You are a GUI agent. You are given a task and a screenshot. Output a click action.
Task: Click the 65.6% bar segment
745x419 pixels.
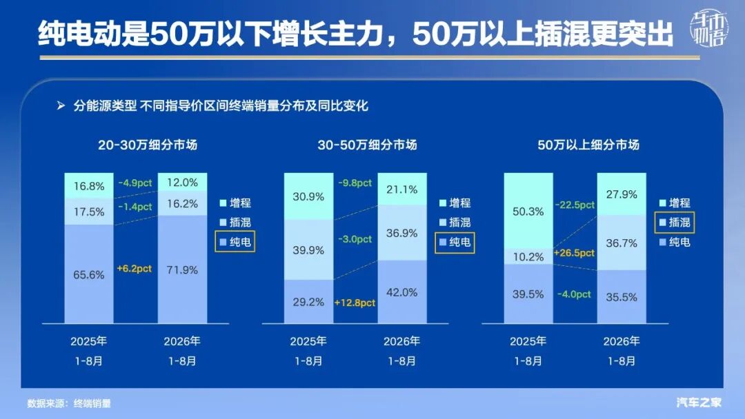pyautogui.click(x=89, y=274)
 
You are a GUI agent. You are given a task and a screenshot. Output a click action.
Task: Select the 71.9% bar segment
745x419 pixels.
pyautogui.click(x=182, y=269)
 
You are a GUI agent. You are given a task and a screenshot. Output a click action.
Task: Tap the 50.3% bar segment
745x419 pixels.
pyautogui.click(x=528, y=211)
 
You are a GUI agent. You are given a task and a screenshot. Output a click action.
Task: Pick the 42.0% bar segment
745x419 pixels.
pyautogui.click(x=402, y=292)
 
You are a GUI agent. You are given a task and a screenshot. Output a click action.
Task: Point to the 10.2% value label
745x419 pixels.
pyautogui.click(x=528, y=257)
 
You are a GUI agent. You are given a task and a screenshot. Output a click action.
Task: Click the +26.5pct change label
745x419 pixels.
pyautogui.click(x=574, y=253)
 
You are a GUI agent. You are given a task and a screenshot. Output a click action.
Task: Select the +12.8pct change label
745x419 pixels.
pyautogui.click(x=355, y=303)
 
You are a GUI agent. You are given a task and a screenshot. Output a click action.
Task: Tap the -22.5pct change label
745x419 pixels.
pyautogui.click(x=575, y=205)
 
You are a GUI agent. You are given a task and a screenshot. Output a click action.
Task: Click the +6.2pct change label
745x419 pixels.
pyautogui.click(x=135, y=269)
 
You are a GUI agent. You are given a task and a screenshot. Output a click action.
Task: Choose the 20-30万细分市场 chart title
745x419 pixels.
pyautogui.click(x=148, y=145)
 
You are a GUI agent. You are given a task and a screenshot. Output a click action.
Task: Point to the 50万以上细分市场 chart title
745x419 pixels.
pyautogui.click(x=588, y=145)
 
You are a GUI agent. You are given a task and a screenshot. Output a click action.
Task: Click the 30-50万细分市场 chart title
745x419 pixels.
pyautogui.click(x=367, y=145)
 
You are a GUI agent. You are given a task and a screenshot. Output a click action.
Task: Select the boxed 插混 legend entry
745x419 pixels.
pyautogui.click(x=675, y=222)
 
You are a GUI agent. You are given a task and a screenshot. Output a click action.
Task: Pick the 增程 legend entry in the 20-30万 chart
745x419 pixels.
pyautogui.click(x=235, y=203)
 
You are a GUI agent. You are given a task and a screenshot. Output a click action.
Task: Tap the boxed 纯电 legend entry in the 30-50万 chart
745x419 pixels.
pyautogui.click(x=455, y=242)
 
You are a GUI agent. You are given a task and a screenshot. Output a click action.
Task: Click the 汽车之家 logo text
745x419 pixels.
pyautogui.click(x=699, y=402)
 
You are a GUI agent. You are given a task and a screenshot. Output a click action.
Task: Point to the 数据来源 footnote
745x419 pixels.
pyautogui.click(x=69, y=403)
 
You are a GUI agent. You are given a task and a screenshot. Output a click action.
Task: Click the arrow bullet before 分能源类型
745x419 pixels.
pyautogui.click(x=61, y=105)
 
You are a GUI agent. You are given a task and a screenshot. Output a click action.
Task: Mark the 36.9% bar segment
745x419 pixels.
pyautogui.click(x=402, y=232)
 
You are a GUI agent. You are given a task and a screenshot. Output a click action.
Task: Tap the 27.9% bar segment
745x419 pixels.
pyautogui.click(x=622, y=194)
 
